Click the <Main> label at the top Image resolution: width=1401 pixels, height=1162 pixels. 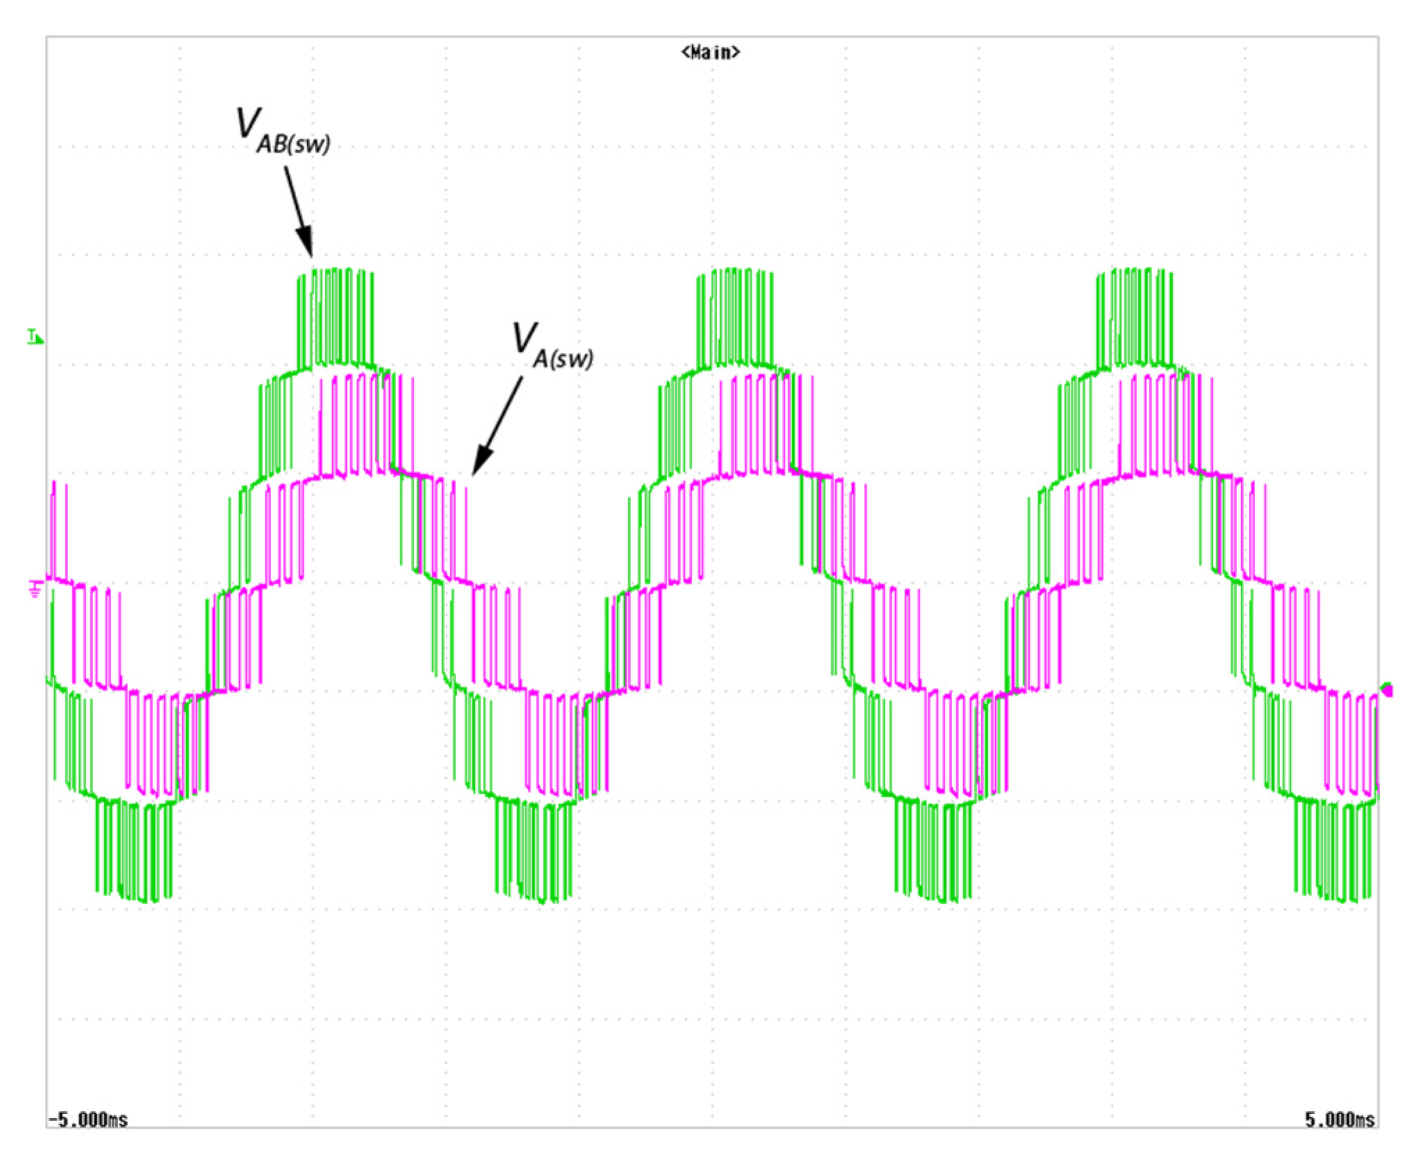[710, 52]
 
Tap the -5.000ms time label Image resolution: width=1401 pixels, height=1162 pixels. [88, 1120]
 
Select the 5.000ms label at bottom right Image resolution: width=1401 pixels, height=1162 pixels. [1339, 1120]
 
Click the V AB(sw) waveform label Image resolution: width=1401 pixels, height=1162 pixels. [284, 130]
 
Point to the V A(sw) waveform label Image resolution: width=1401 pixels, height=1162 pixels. [553, 346]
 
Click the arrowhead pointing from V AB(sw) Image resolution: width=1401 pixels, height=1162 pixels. [305, 243]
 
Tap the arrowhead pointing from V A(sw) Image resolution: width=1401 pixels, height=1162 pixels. [481, 461]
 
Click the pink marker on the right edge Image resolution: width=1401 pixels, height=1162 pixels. [1387, 689]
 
